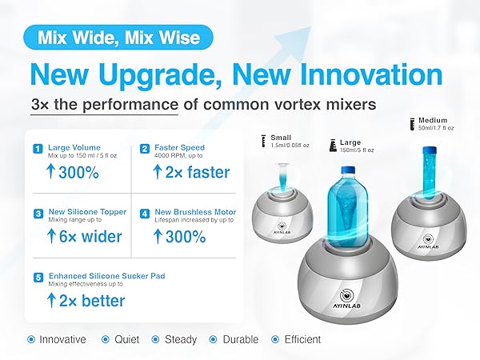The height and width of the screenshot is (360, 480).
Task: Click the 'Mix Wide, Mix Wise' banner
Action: click(118, 38)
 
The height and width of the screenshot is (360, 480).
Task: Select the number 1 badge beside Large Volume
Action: click(37, 148)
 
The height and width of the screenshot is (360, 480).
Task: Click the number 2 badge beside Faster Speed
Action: click(145, 148)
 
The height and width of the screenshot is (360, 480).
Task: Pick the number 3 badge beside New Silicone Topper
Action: click(37, 214)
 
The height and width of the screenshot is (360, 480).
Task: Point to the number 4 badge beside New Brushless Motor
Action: click(145, 214)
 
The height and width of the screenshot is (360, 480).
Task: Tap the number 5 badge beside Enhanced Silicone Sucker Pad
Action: click(37, 277)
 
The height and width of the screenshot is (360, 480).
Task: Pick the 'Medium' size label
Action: click(433, 121)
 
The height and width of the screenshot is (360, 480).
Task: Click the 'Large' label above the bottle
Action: click(350, 142)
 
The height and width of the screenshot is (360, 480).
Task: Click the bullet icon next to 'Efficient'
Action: click(275, 339)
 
